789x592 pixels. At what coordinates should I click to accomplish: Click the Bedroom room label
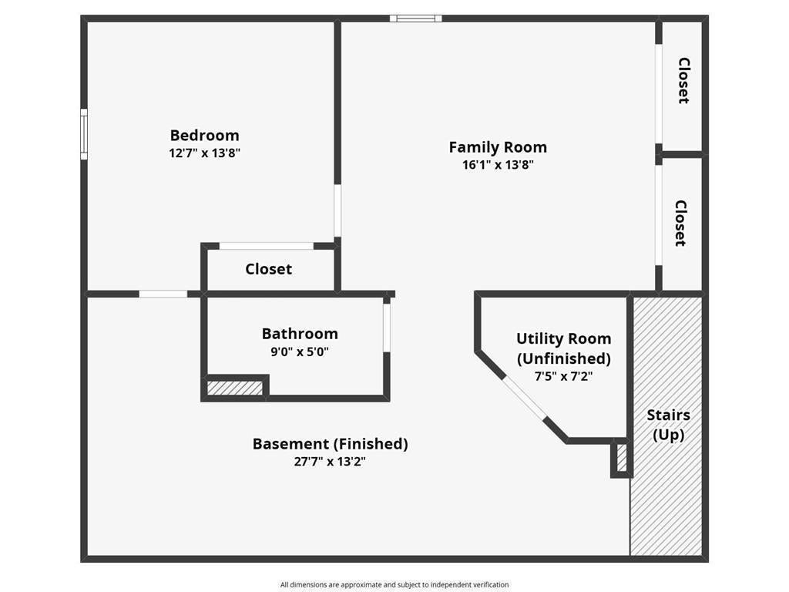(204, 136)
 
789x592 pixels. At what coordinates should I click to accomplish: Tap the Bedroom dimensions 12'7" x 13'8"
(204, 153)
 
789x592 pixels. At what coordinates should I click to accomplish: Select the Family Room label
(498, 147)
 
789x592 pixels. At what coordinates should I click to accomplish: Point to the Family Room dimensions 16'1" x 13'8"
(498, 165)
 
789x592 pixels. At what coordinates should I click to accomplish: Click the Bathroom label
(300, 334)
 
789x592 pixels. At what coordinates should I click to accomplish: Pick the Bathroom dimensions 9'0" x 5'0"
(300, 351)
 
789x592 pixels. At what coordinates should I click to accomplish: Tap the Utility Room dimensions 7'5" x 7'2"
(563, 375)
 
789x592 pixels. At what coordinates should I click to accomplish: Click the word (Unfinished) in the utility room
(563, 358)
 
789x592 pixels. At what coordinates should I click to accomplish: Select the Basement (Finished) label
(330, 444)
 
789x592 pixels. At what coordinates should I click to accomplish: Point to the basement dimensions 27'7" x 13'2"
(330, 462)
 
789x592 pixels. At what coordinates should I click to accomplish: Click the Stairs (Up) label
(668, 425)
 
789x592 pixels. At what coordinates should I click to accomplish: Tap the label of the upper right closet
(683, 80)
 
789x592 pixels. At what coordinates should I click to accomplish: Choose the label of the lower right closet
(680, 224)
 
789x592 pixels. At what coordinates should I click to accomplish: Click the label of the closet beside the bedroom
(268, 269)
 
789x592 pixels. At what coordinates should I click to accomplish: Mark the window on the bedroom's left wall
(84, 134)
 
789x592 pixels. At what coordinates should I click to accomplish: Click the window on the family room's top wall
(415, 18)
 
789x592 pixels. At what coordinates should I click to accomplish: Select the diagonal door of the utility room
(525, 398)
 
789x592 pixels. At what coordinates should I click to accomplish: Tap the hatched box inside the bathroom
(235, 388)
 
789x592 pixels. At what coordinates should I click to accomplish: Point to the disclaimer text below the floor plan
(394, 584)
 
